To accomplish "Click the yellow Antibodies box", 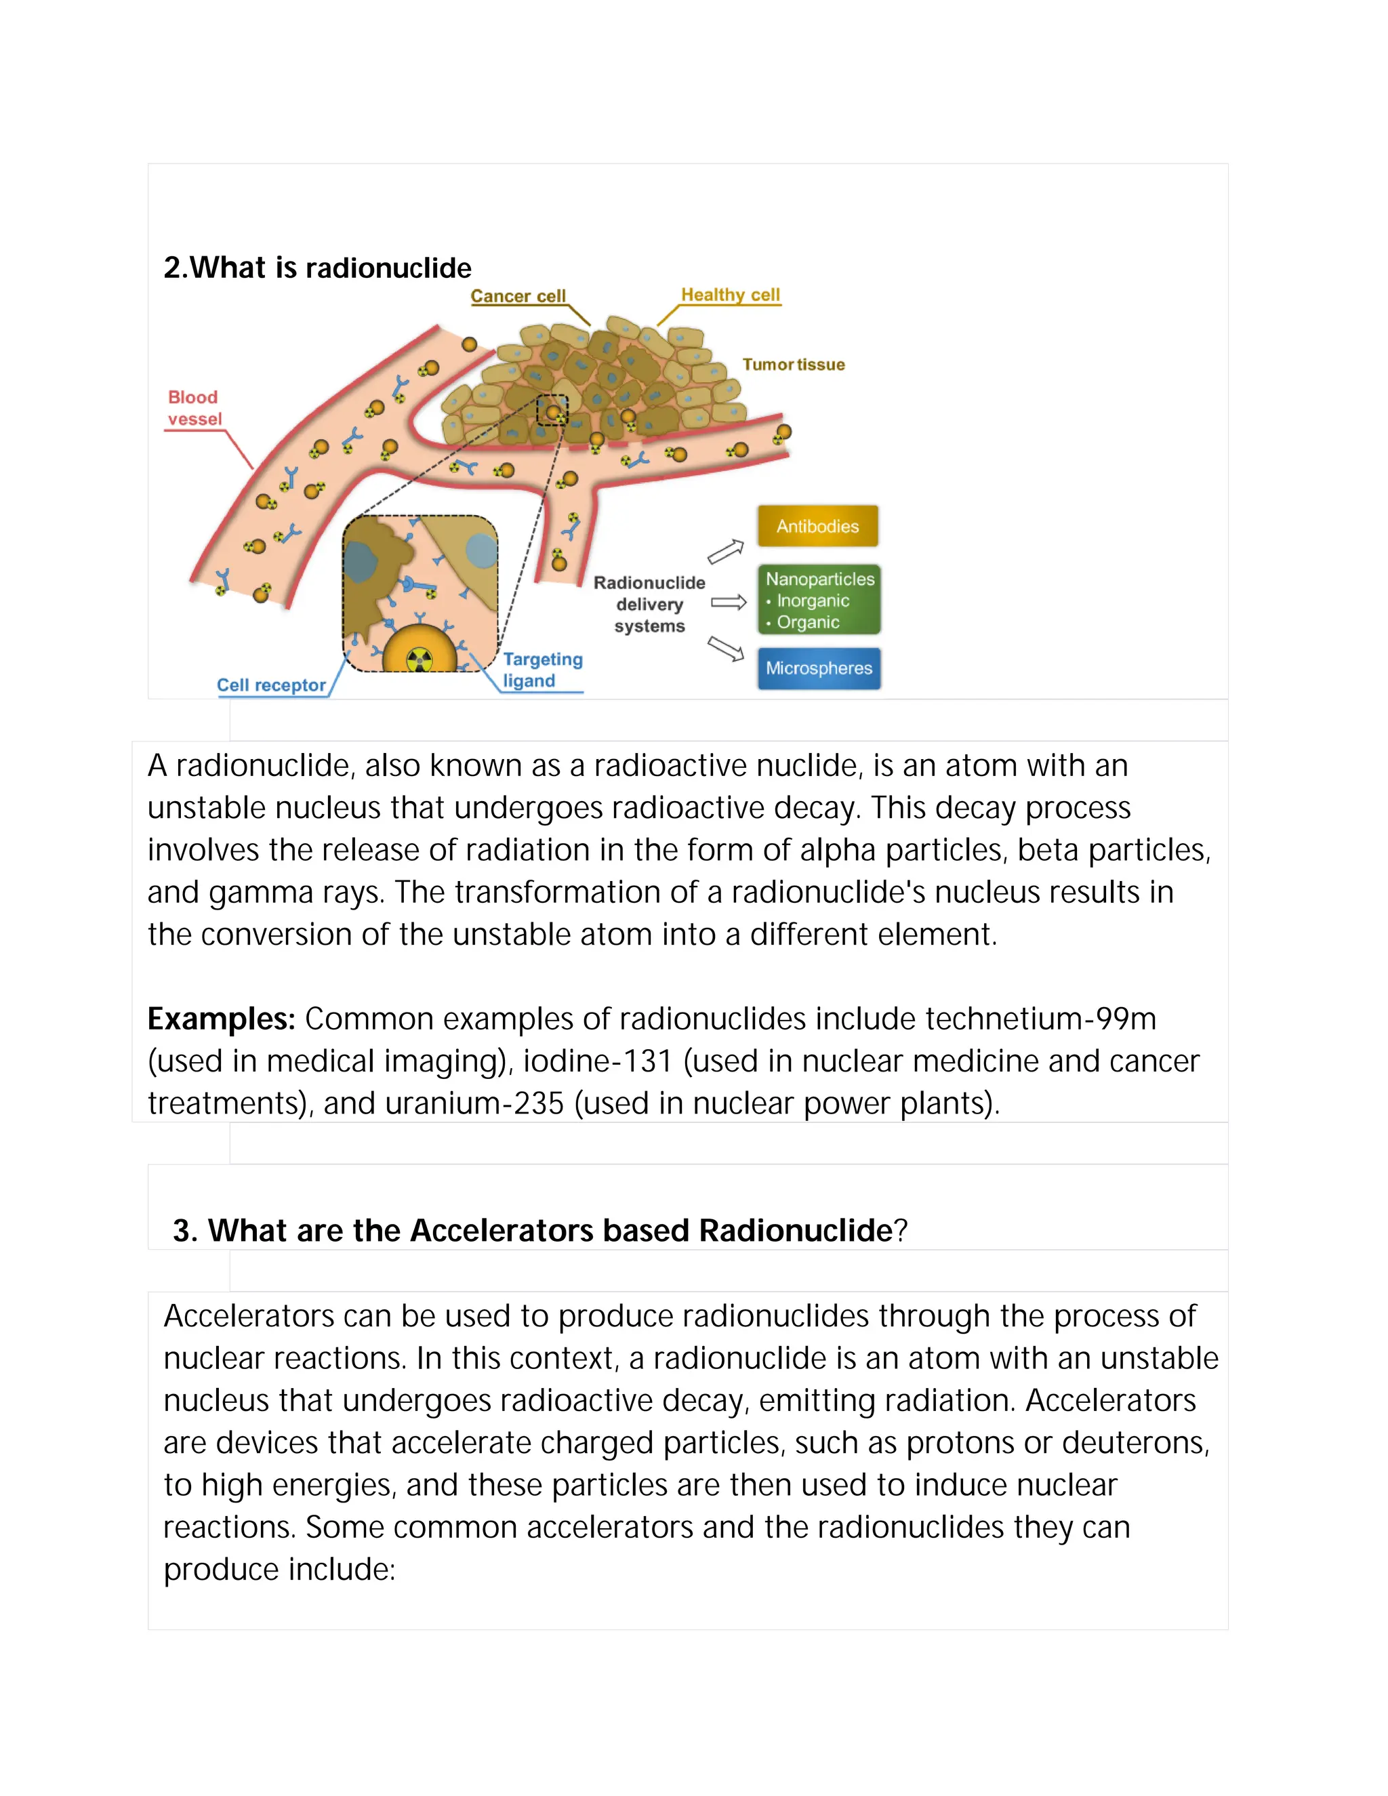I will coord(817,527).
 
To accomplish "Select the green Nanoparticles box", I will coord(819,600).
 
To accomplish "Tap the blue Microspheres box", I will coord(819,668).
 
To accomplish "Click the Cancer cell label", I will coord(518,296).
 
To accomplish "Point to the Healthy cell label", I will coord(730,294).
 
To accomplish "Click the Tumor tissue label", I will coord(794,365).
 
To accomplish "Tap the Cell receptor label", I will coord(271,685).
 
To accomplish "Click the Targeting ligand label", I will coord(542,670).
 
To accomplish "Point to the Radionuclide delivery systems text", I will coord(649,605).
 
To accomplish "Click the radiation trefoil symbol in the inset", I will coord(420,659).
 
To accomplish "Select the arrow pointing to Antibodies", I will coord(725,552).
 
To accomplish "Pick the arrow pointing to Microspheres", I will coord(725,649).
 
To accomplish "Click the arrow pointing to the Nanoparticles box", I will coord(729,603).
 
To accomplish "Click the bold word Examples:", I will coord(221,1019).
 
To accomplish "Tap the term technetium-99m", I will coord(1040,1019).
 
